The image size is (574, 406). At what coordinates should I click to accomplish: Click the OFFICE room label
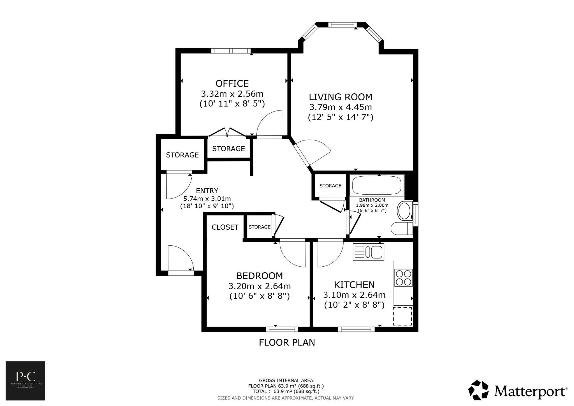pyautogui.click(x=232, y=84)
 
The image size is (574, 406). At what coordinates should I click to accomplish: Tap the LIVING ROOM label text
pyautogui.click(x=341, y=97)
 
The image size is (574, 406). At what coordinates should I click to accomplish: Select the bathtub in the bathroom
pyautogui.click(x=378, y=186)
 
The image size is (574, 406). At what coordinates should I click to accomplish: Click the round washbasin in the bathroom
pyautogui.click(x=404, y=211)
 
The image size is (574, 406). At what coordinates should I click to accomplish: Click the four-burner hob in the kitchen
pyautogui.click(x=403, y=278)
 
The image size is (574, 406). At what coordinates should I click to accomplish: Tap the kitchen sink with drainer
pyautogui.click(x=369, y=252)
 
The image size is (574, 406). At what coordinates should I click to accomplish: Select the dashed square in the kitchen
pyautogui.click(x=402, y=316)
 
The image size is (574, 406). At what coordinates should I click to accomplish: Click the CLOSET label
pyautogui.click(x=225, y=227)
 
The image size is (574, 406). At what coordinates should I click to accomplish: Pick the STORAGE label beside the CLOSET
pyautogui.click(x=260, y=227)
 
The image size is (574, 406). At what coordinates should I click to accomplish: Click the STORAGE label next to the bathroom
pyautogui.click(x=330, y=186)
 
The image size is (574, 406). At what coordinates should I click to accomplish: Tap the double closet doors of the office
pyautogui.click(x=227, y=133)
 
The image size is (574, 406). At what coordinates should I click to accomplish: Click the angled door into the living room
pyautogui.click(x=311, y=153)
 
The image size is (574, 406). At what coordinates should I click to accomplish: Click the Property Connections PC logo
pyautogui.click(x=25, y=380)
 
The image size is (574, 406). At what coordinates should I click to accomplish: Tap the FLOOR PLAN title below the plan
pyautogui.click(x=287, y=342)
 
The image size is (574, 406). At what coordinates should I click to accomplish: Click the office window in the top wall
pyautogui.click(x=231, y=51)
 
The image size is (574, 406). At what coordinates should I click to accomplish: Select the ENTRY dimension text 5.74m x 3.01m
pyautogui.click(x=207, y=199)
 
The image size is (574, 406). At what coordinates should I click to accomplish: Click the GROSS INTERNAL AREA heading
pyautogui.click(x=286, y=380)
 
